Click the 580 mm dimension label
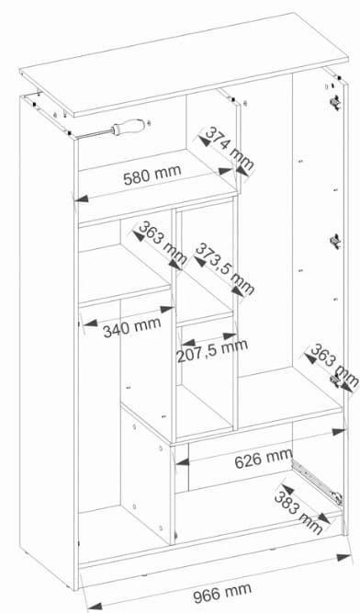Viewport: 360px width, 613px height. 152,175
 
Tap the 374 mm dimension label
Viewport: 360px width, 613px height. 230,148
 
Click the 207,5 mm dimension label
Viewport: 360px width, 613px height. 212,351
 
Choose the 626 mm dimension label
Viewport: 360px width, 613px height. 264,459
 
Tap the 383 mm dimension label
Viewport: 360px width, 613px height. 298,513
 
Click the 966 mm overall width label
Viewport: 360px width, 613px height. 222,593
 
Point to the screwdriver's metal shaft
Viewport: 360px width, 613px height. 94,134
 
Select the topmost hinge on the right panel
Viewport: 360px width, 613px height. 334,102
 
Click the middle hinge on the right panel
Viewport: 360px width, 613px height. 335,241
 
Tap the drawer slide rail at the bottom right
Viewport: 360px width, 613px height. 317,482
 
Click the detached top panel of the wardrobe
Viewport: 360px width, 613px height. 184,65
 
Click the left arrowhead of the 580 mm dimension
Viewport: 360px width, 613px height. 82,199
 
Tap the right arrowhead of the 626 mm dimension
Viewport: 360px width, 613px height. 339,432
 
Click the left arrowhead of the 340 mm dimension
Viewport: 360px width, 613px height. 91,324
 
